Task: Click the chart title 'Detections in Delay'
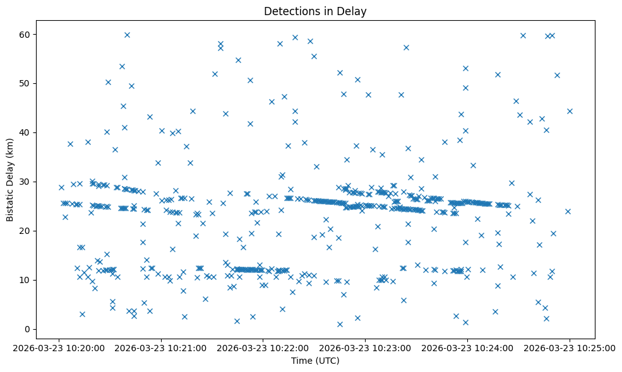(x=315, y=11)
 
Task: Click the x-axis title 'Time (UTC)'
(x=315, y=361)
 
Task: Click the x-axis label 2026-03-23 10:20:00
(x=59, y=347)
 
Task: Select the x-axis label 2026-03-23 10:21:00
(x=161, y=347)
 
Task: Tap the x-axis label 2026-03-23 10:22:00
(x=263, y=347)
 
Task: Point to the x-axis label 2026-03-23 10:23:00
(x=366, y=347)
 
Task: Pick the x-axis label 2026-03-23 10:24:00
(x=467, y=347)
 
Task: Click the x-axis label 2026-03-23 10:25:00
(x=569, y=347)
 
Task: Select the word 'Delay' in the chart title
(x=354, y=11)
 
